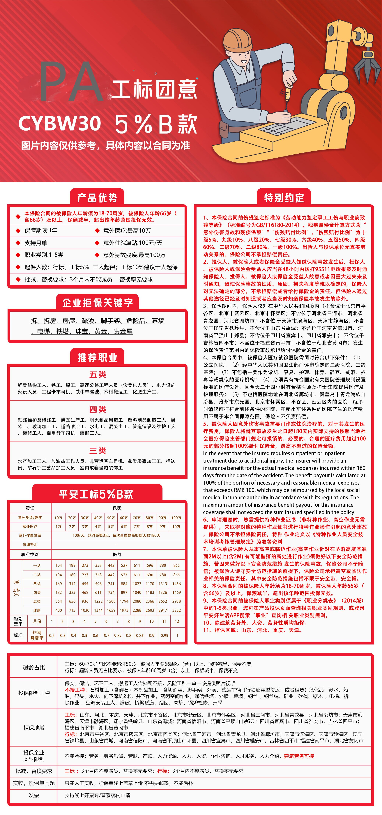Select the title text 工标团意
tap(154, 89)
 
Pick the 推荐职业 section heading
tap(97, 358)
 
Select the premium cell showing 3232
tap(176, 610)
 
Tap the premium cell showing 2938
tap(176, 601)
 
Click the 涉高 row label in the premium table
tap(37, 610)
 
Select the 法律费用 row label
tap(30, 544)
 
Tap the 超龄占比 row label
tap(34, 667)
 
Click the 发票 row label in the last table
tap(34, 795)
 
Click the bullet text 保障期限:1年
tap(41, 231)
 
